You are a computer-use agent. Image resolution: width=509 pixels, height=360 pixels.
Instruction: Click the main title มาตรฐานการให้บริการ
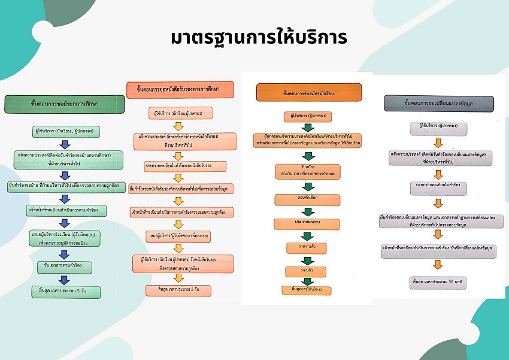pyautogui.click(x=258, y=37)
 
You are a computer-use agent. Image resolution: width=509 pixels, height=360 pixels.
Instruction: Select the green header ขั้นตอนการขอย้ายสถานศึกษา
pyautogui.click(x=65, y=104)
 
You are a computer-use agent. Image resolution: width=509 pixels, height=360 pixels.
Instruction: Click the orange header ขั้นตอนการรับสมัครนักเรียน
pyautogui.click(x=308, y=93)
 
